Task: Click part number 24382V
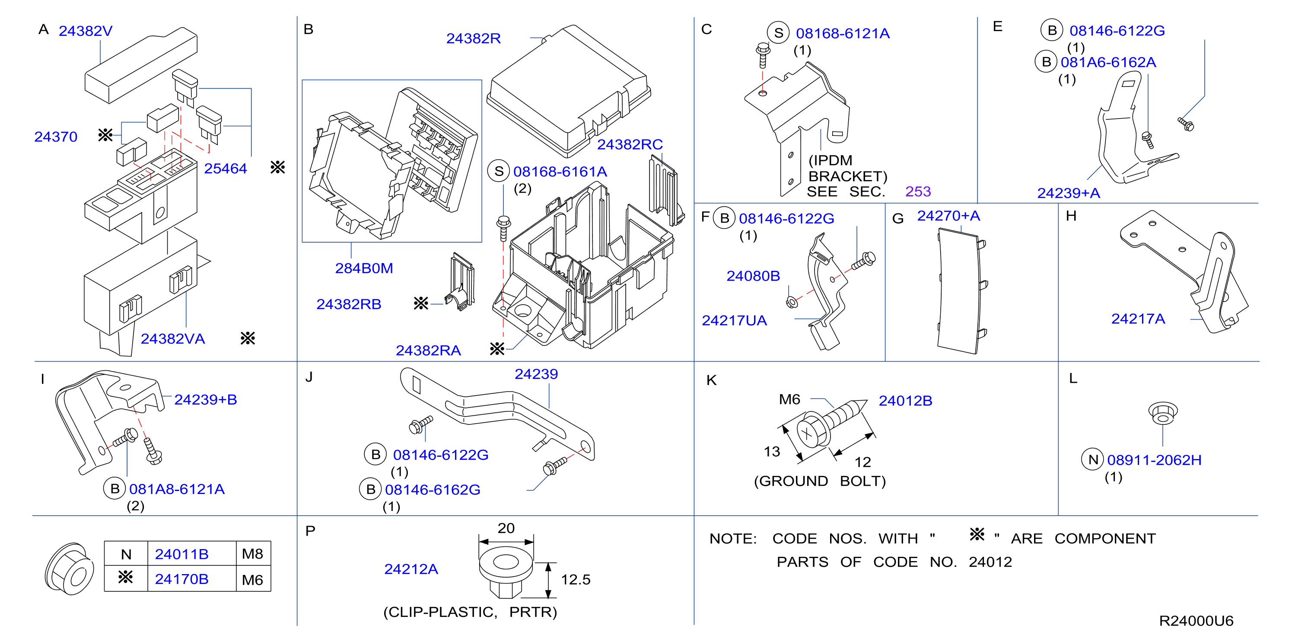pyautogui.click(x=85, y=31)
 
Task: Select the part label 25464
pyautogui.click(x=225, y=169)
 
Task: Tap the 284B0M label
pyautogui.click(x=364, y=269)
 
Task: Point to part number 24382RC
pyautogui.click(x=630, y=144)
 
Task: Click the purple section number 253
pyautogui.click(x=918, y=192)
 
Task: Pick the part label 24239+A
pyautogui.click(x=1068, y=193)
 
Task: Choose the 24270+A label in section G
pyautogui.click(x=948, y=216)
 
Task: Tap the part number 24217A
pyautogui.click(x=1138, y=319)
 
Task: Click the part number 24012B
pyautogui.click(x=905, y=401)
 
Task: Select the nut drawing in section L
pyautogui.click(x=1163, y=413)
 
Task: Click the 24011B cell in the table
pyautogui.click(x=181, y=554)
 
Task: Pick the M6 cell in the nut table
pyautogui.click(x=252, y=580)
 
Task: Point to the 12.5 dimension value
pyautogui.click(x=575, y=580)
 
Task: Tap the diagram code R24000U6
pyautogui.click(x=1196, y=621)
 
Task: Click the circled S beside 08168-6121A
pyautogui.click(x=778, y=33)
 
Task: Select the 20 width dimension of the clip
pyautogui.click(x=506, y=528)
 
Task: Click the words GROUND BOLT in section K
pyautogui.click(x=820, y=481)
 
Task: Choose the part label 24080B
pyautogui.click(x=753, y=276)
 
